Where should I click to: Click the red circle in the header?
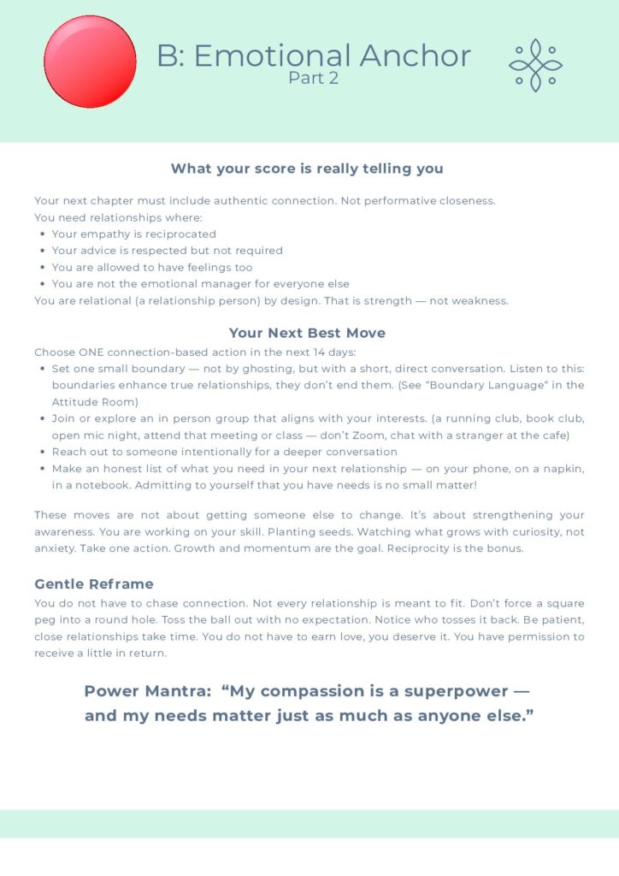tap(90, 62)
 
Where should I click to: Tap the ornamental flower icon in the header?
tap(535, 65)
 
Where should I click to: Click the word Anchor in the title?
tap(415, 56)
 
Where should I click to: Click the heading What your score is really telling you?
tap(307, 169)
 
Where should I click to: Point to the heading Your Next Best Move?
tap(307, 333)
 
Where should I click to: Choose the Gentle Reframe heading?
tap(94, 584)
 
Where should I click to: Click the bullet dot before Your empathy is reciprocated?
tap(43, 234)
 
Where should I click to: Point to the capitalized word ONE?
tap(91, 352)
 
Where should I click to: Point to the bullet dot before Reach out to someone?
tap(43, 452)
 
